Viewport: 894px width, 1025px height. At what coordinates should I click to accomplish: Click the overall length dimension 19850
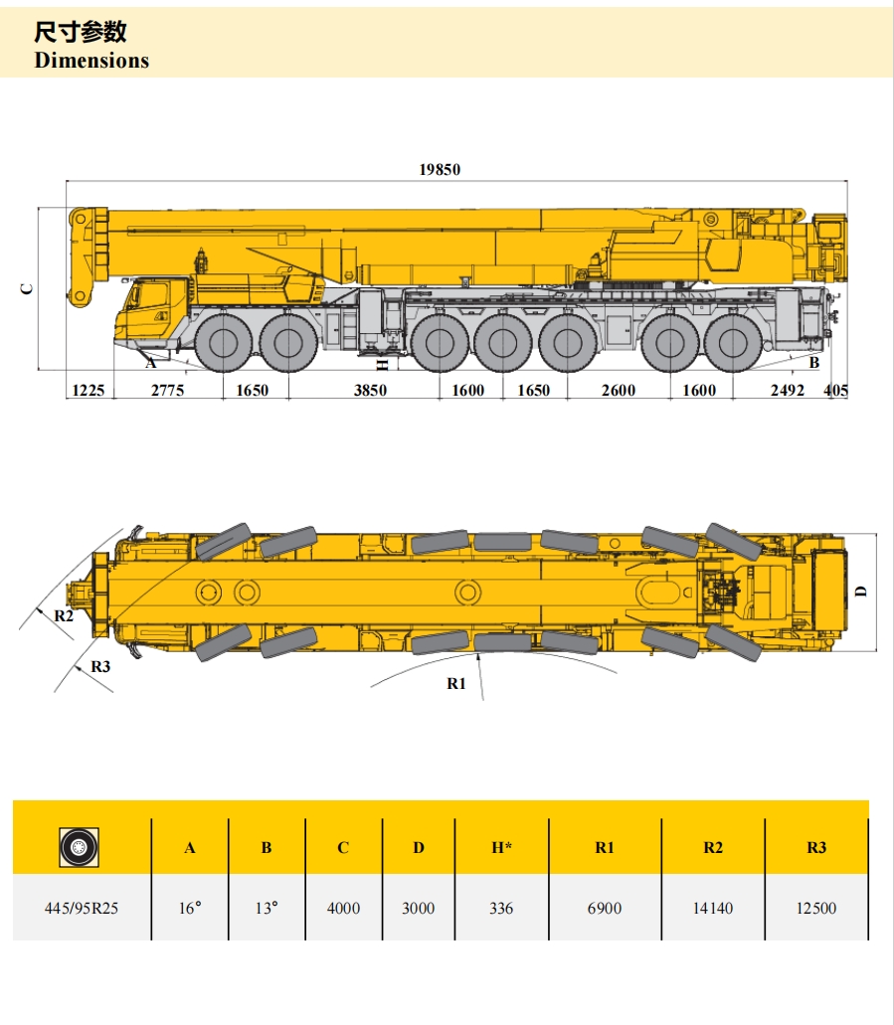point(440,169)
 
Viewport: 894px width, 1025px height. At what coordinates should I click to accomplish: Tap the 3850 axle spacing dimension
point(370,391)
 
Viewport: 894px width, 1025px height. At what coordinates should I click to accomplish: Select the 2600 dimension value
point(618,391)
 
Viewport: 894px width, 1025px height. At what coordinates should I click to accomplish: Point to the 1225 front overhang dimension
point(89,391)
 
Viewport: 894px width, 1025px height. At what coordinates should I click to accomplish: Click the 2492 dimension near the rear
point(788,391)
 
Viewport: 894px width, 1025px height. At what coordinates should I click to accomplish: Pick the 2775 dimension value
point(167,391)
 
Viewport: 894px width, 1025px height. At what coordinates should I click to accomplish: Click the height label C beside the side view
point(27,289)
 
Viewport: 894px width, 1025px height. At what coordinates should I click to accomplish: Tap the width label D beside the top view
point(861,592)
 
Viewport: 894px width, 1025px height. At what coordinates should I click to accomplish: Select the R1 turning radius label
point(455,684)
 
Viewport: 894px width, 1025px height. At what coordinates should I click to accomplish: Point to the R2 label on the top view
point(64,615)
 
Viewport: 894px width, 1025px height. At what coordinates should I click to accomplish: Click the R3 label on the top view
point(100,667)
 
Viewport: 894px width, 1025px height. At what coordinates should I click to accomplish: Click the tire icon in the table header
point(80,848)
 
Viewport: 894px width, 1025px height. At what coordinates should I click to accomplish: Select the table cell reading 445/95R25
point(82,908)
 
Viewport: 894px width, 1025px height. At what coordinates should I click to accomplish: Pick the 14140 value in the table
point(713,908)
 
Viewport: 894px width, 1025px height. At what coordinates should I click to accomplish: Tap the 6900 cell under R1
point(605,908)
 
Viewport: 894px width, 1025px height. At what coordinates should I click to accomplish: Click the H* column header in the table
point(501,848)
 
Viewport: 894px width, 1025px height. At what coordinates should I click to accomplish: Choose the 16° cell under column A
point(190,908)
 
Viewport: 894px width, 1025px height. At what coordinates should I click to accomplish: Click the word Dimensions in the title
point(91,60)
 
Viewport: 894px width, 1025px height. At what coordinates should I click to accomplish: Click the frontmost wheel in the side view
point(223,344)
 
